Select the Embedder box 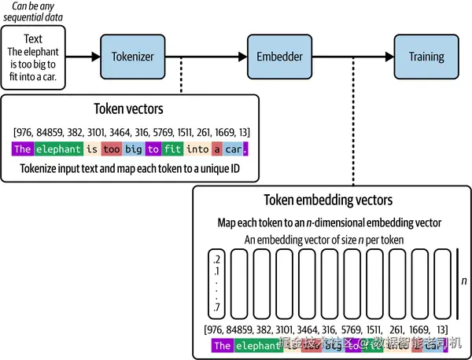tap(279, 57)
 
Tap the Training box tap(426, 57)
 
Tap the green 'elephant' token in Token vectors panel tap(58, 149)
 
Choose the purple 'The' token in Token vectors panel tap(22, 149)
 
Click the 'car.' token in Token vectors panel tap(236, 149)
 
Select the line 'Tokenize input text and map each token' tap(131, 169)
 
